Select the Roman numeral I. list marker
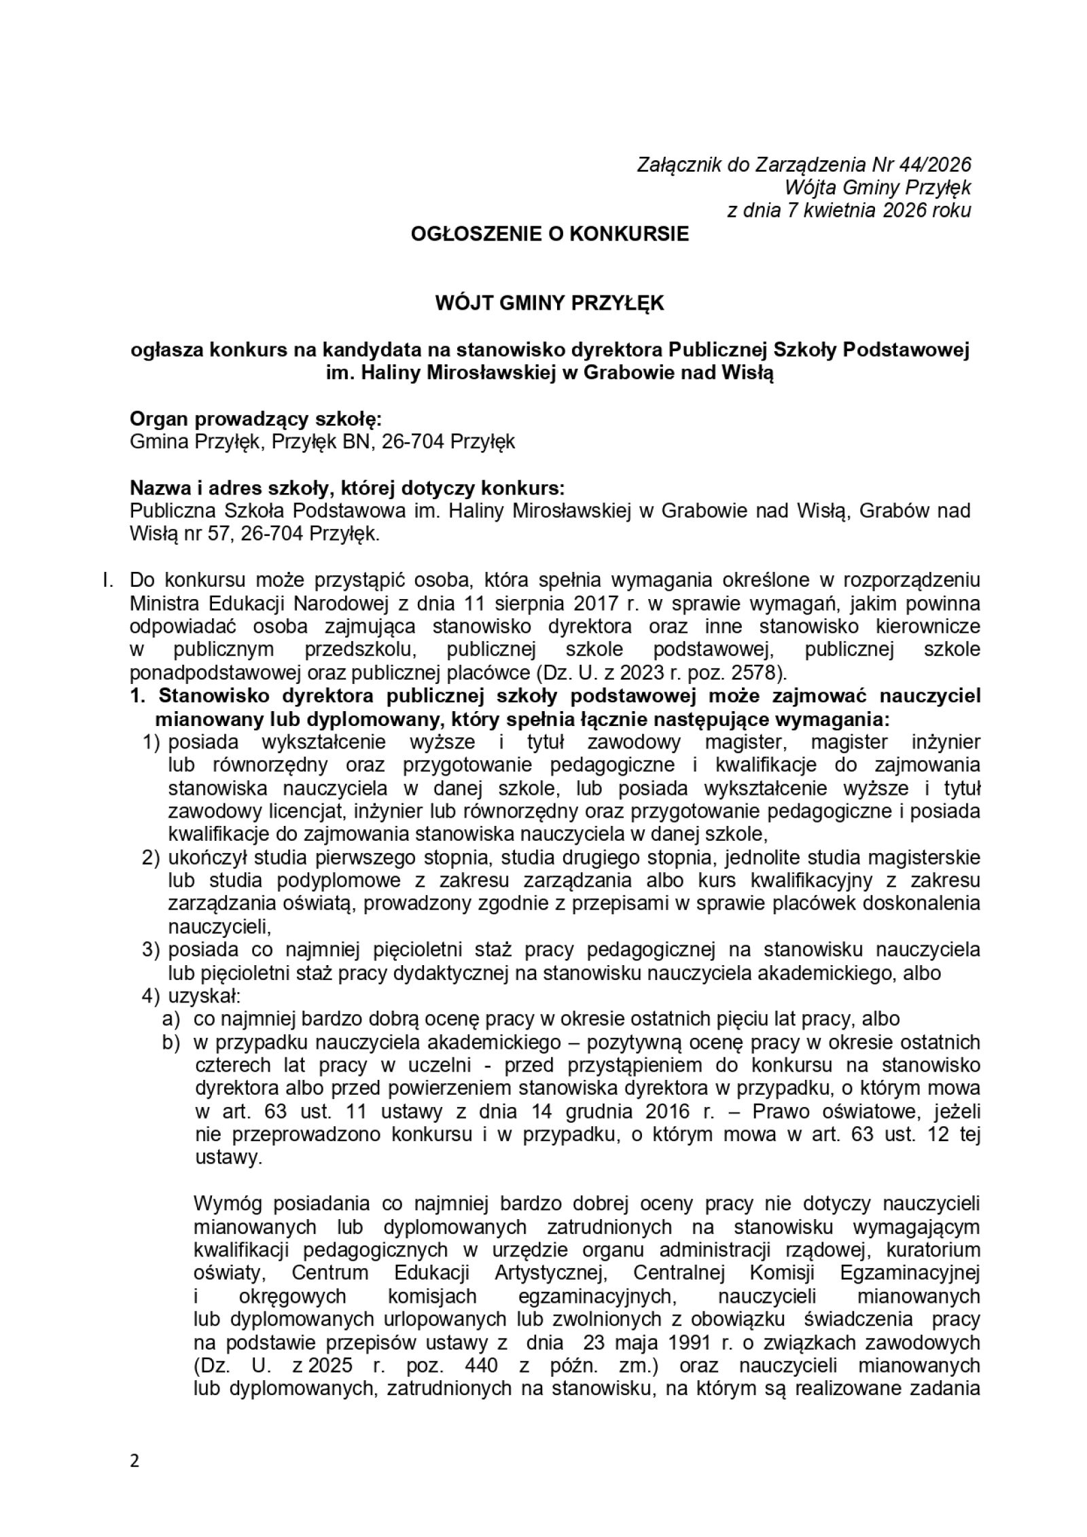107,580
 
